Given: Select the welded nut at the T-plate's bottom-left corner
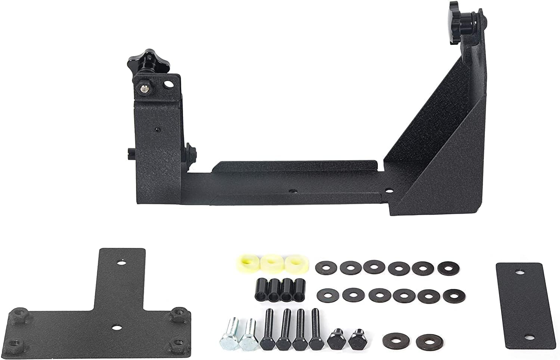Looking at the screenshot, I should click(x=15, y=341).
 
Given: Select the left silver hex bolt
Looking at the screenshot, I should click(x=228, y=336).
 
